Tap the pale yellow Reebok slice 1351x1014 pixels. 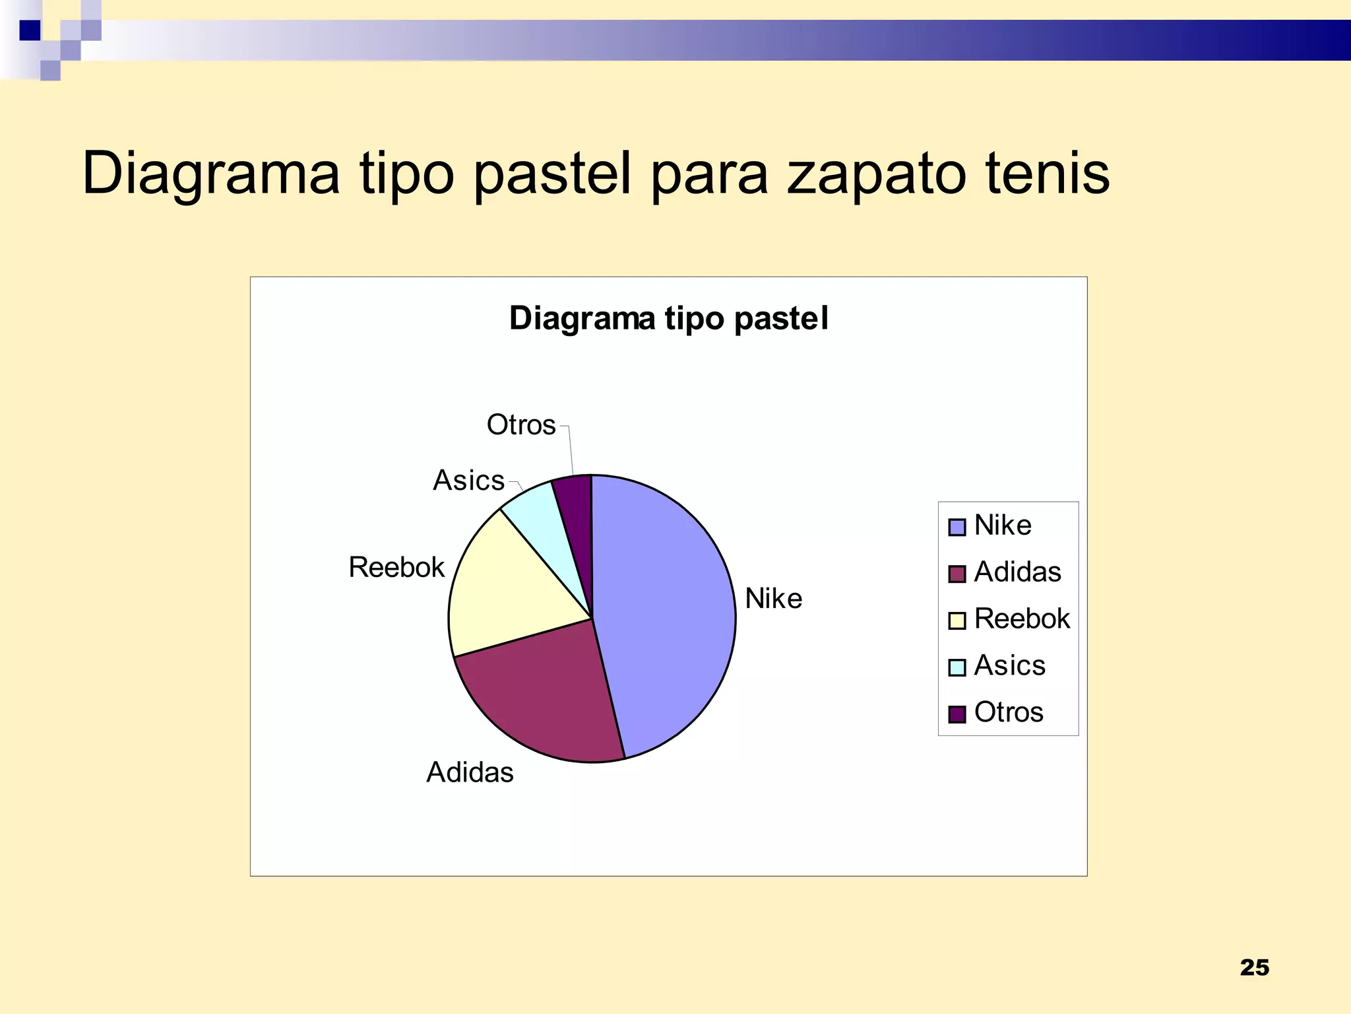508,594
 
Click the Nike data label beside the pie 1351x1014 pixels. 773,599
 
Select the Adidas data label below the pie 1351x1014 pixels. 470,772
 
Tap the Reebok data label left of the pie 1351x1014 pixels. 396,567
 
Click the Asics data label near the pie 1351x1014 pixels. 468,481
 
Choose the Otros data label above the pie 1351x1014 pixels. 521,425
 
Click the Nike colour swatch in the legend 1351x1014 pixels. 957,527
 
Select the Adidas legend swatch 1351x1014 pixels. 957,574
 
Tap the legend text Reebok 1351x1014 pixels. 1022,619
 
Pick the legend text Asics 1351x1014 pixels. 1009,665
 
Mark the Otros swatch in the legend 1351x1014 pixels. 957,714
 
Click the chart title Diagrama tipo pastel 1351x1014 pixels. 668,318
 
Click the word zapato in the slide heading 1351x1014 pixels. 875,173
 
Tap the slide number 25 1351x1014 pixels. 1254,968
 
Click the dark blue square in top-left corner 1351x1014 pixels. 30,30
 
